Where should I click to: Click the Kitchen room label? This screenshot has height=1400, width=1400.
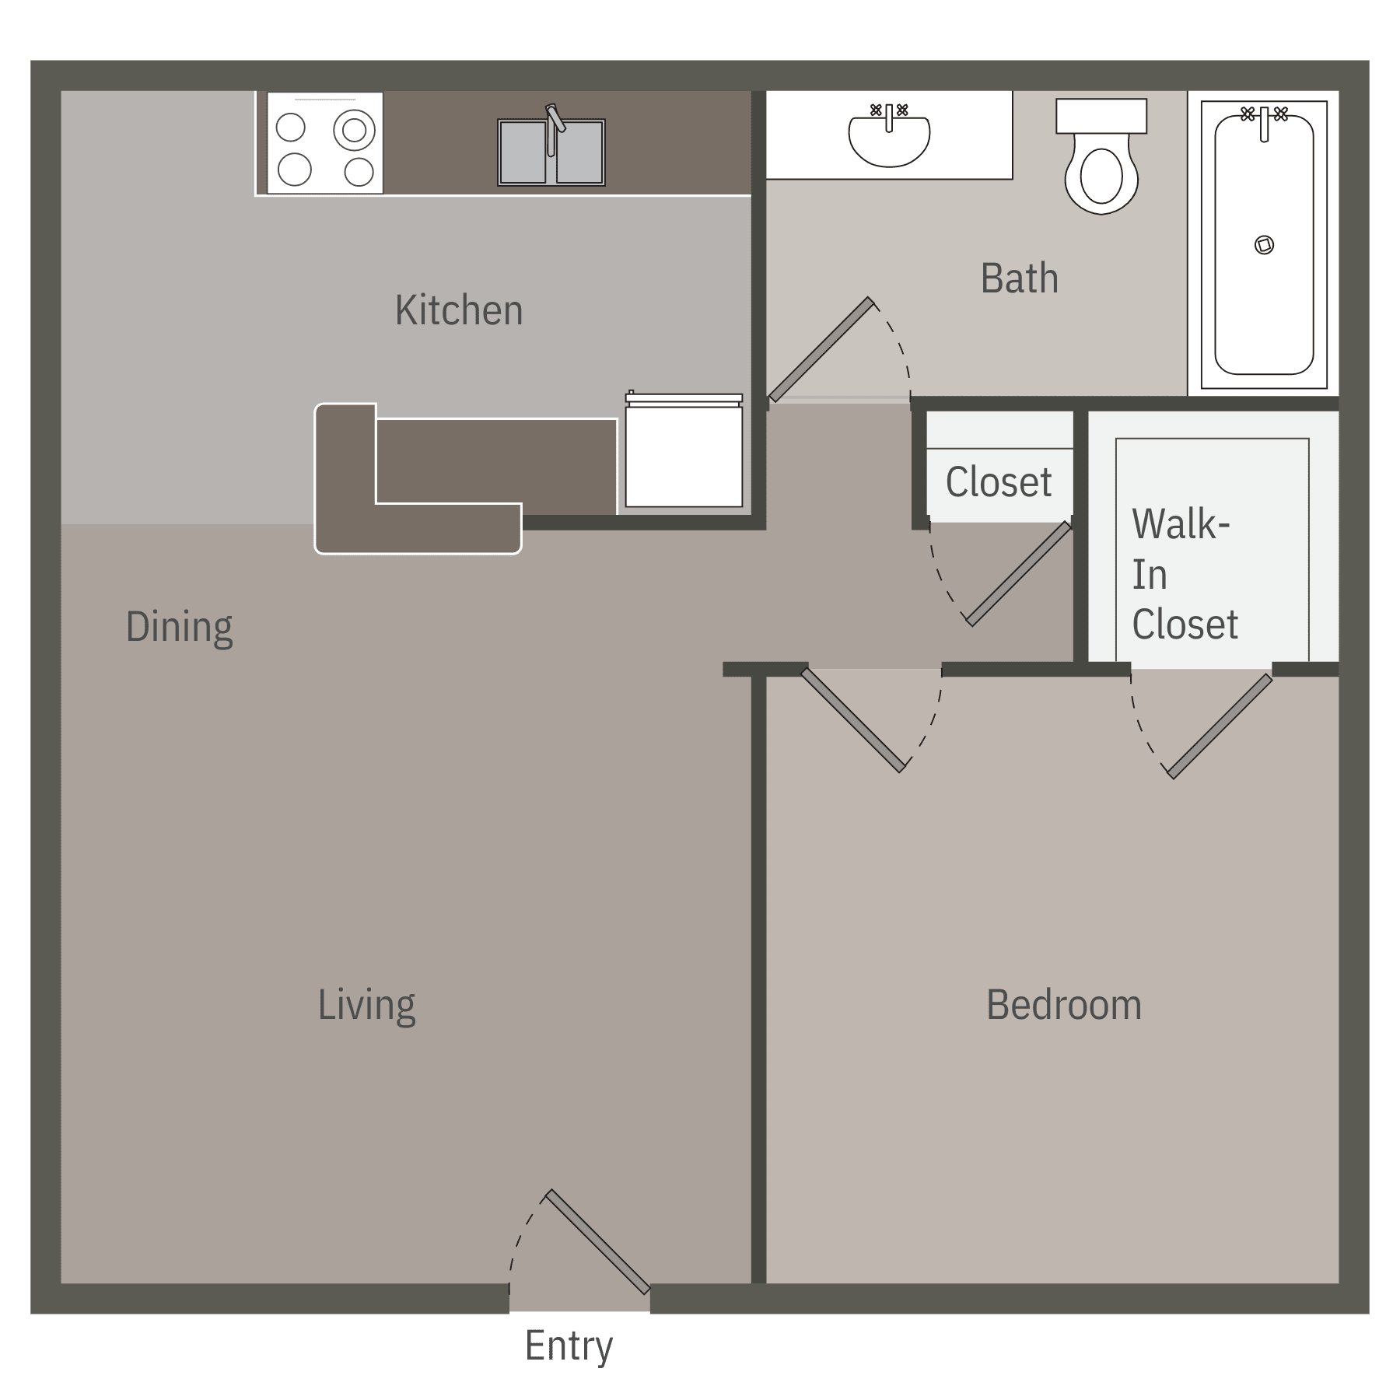coord(458,310)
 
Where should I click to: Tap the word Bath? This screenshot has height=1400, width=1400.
coord(1019,278)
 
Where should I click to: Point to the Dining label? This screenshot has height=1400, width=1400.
coord(179,627)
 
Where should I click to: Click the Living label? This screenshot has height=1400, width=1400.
coord(366,1004)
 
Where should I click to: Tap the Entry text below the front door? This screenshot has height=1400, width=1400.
coord(569,1345)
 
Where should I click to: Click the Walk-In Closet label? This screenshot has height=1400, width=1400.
coord(1184,575)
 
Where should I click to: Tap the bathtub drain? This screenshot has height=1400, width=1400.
coord(1264,246)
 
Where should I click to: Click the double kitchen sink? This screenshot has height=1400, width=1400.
coord(551,153)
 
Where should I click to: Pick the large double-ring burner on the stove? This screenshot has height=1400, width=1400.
coord(354,130)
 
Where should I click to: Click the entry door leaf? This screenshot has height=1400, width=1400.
coord(597,1241)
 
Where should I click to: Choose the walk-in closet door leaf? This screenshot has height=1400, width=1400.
coord(1220,726)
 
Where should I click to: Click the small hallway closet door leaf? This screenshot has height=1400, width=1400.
coord(1018,575)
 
